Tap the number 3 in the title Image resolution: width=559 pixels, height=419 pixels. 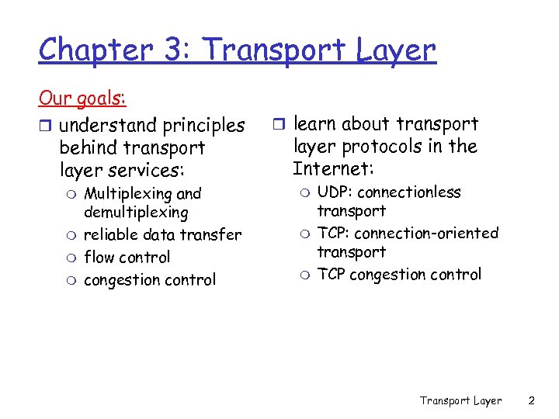(168, 49)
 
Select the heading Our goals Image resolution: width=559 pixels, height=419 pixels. (82, 99)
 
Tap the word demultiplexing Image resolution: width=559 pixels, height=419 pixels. (136, 212)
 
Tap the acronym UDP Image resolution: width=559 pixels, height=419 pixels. (333, 192)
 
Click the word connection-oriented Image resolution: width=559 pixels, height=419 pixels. (426, 233)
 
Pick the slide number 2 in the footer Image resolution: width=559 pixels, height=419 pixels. (531, 400)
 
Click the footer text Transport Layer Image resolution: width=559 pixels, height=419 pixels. (460, 400)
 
